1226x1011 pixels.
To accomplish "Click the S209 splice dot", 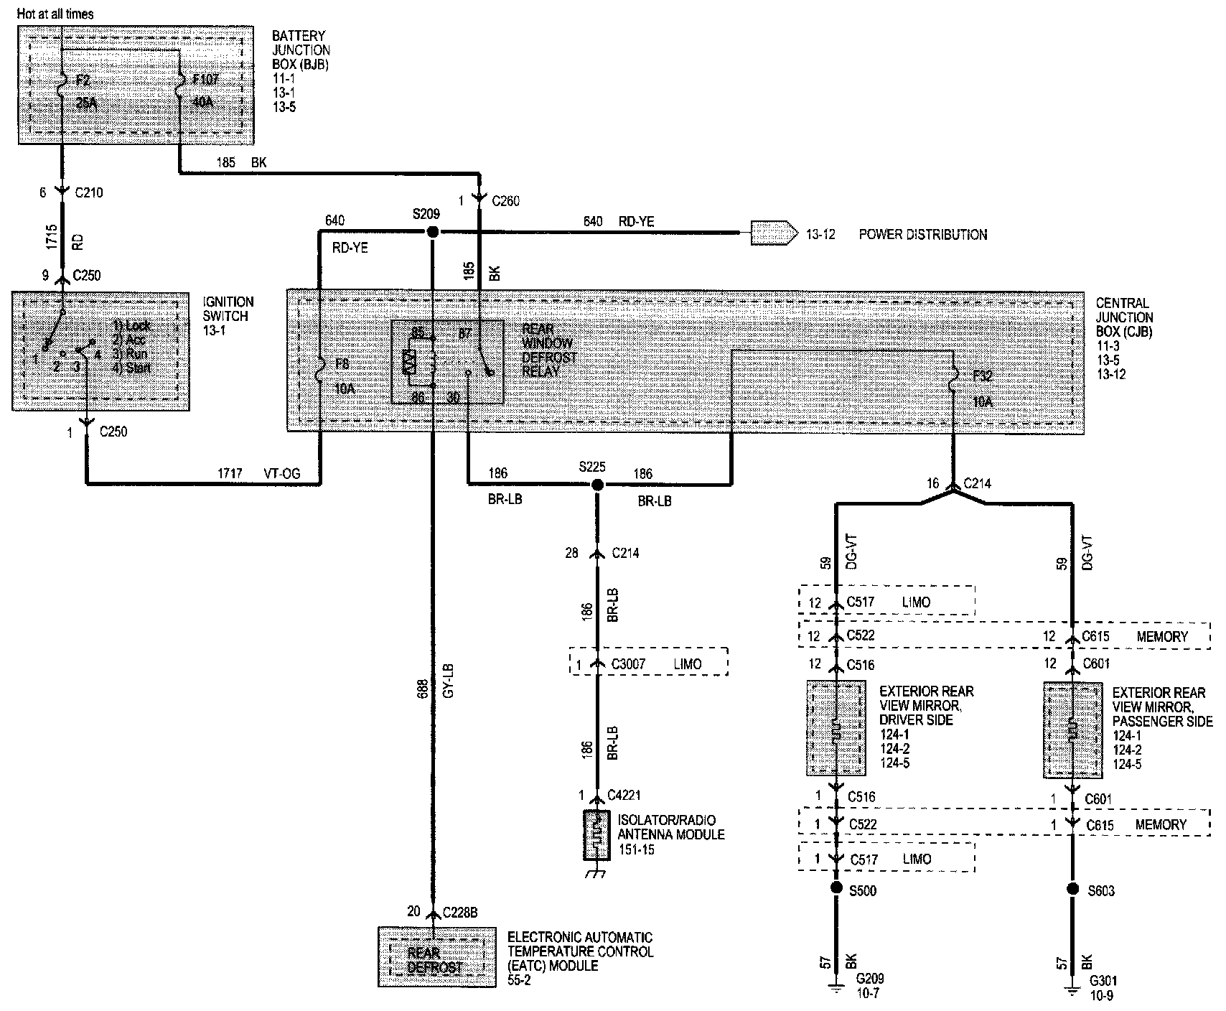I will tap(432, 232).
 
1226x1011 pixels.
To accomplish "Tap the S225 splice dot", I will tap(597, 485).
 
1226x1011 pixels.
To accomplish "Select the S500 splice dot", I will tap(836, 888).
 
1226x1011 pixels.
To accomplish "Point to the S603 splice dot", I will tap(1072, 889).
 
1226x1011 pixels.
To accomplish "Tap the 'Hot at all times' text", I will tap(55, 14).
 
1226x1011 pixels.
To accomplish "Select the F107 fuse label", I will tap(205, 80).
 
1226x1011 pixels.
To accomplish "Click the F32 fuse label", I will tap(983, 376).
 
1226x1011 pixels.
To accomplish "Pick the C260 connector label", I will tap(506, 202).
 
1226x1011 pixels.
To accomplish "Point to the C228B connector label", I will tap(462, 912).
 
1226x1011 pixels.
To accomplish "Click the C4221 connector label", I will tap(624, 795).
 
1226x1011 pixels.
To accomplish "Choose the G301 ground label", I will tap(1103, 981).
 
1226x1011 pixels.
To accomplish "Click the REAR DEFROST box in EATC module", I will tap(434, 960).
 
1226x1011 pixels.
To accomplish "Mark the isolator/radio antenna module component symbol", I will tap(597, 835).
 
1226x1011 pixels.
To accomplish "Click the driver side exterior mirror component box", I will tap(836, 729).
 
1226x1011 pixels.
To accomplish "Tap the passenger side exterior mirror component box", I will tap(1072, 730).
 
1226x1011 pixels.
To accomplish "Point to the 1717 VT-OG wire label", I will tap(260, 473).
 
